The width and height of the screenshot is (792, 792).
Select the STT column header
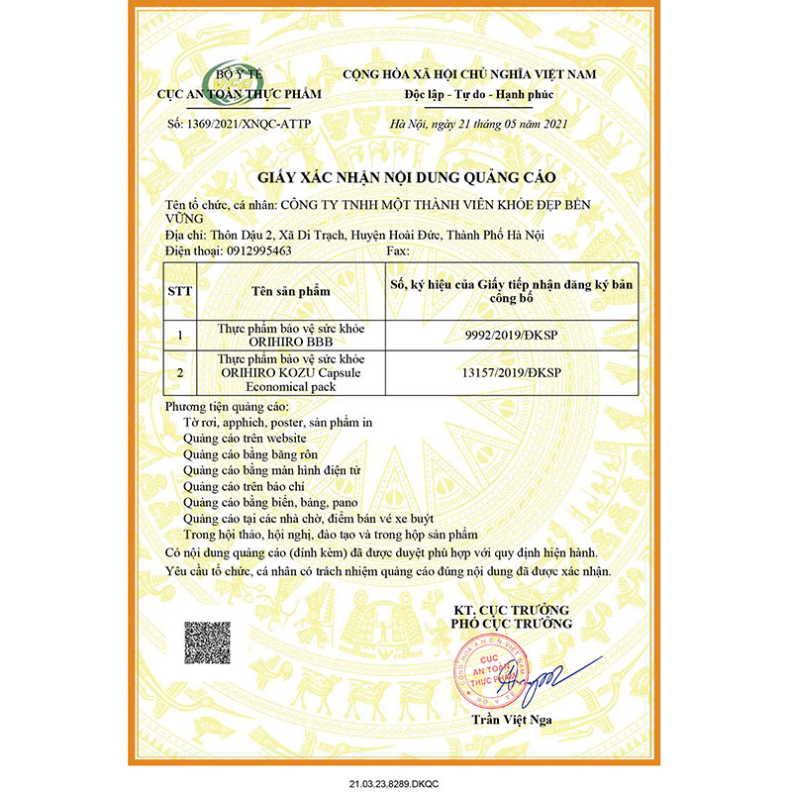click(x=180, y=291)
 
